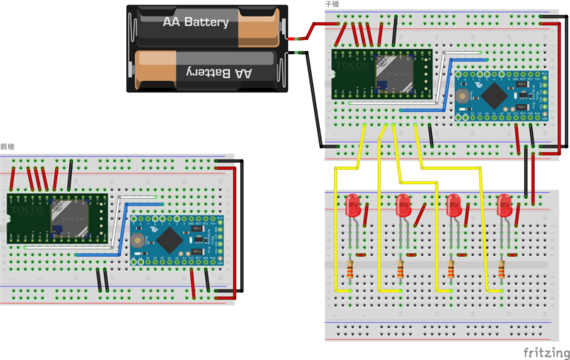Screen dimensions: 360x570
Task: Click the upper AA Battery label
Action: pos(196,22)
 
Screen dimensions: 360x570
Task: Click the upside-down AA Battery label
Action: pos(211,72)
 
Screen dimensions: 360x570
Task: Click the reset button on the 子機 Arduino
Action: pos(462,95)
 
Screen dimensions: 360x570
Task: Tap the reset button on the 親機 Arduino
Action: pos(138,239)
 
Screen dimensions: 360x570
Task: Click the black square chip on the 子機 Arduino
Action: pos(493,96)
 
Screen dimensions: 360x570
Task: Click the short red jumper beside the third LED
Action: pos(469,212)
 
